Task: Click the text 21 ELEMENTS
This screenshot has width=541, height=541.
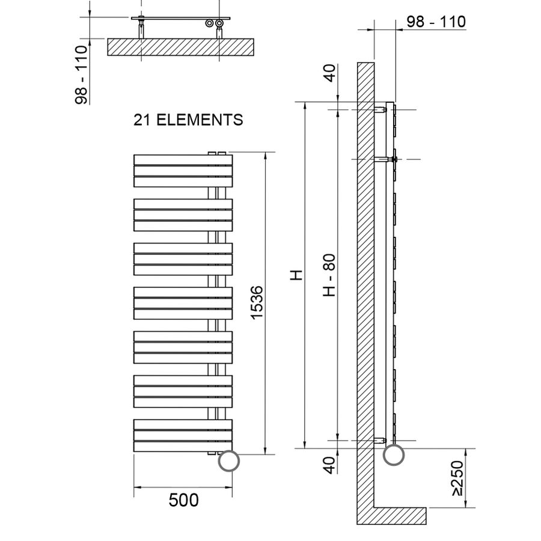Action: (x=188, y=120)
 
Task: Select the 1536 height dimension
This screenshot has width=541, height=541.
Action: (x=256, y=303)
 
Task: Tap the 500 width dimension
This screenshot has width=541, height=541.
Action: (x=183, y=500)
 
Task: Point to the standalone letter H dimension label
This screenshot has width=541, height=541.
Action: (x=296, y=275)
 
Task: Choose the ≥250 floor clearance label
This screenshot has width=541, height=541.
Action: (x=459, y=478)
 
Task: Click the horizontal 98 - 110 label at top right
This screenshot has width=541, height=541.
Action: (x=436, y=22)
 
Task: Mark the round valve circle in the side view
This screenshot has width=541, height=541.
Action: (x=394, y=454)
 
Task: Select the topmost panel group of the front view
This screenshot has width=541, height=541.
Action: (x=183, y=171)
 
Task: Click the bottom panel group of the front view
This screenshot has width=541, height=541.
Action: (x=183, y=436)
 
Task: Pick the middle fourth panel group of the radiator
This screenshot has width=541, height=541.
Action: (x=183, y=304)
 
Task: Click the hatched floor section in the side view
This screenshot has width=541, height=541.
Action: (x=397, y=515)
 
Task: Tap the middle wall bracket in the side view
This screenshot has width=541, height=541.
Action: (x=385, y=159)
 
